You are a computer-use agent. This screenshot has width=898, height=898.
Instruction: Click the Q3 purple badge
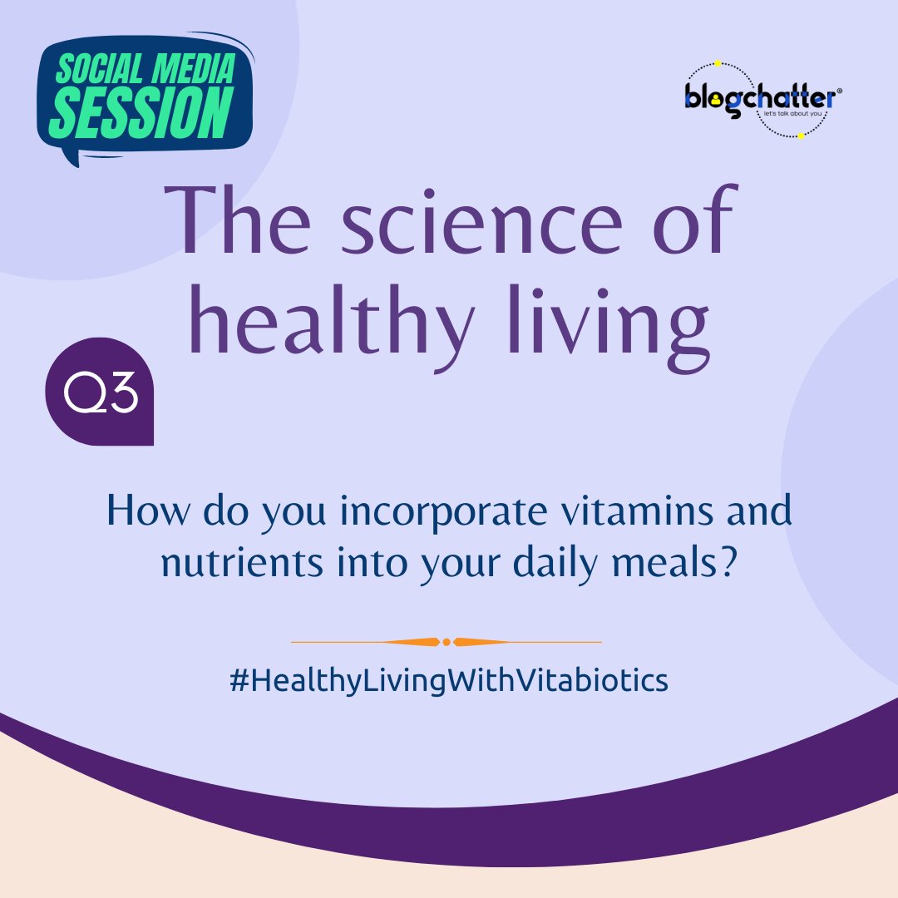(100, 392)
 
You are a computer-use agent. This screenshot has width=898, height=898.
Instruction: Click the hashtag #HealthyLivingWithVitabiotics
(448, 681)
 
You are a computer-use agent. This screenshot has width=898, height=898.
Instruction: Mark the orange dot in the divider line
(447, 642)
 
